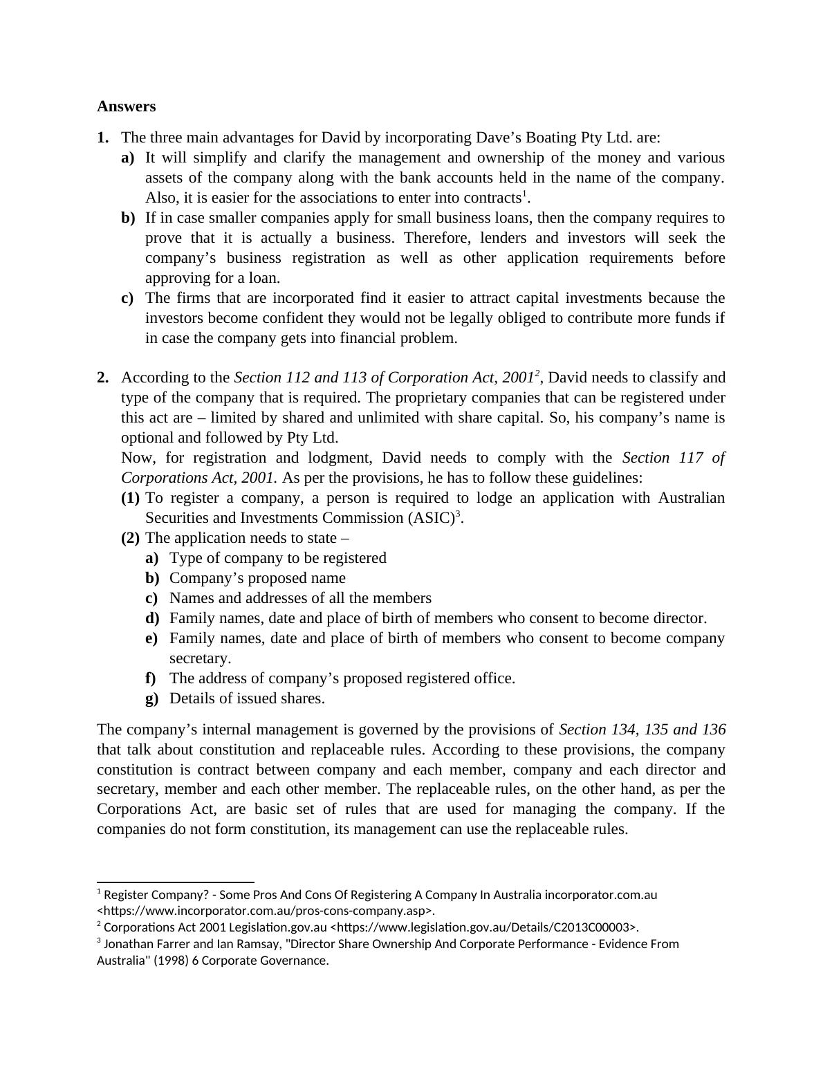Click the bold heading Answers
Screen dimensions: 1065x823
click(x=126, y=106)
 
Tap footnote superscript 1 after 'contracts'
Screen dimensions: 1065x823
click(x=524, y=194)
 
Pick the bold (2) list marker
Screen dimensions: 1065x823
click(x=130, y=538)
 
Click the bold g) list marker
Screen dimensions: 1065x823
click(x=152, y=698)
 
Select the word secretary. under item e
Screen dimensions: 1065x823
click(x=200, y=658)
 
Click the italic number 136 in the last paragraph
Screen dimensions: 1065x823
click(x=713, y=730)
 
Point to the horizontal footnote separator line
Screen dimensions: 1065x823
click(x=176, y=882)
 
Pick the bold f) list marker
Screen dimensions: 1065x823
click(x=151, y=678)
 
